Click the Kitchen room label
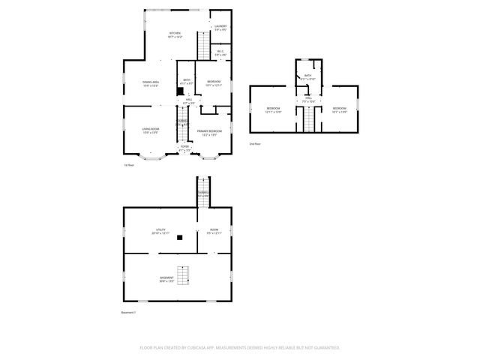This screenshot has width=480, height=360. (175, 34)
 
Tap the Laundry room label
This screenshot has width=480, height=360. (220, 28)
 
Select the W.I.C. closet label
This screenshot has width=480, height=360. (220, 53)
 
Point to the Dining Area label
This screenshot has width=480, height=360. (151, 84)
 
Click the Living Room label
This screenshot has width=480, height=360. (150, 130)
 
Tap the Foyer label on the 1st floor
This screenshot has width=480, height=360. (184, 148)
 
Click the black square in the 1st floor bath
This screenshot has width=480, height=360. (180, 91)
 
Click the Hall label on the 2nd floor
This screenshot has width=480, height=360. (307, 100)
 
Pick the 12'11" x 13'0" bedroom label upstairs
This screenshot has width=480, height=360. (273, 111)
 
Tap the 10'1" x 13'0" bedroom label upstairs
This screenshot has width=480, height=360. (339, 111)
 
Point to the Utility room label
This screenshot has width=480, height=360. (160, 231)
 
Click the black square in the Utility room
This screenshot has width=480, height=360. (180, 237)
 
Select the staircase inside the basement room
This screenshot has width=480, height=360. (181, 274)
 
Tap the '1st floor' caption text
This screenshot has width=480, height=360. (129, 165)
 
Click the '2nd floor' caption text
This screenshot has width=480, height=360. (255, 143)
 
